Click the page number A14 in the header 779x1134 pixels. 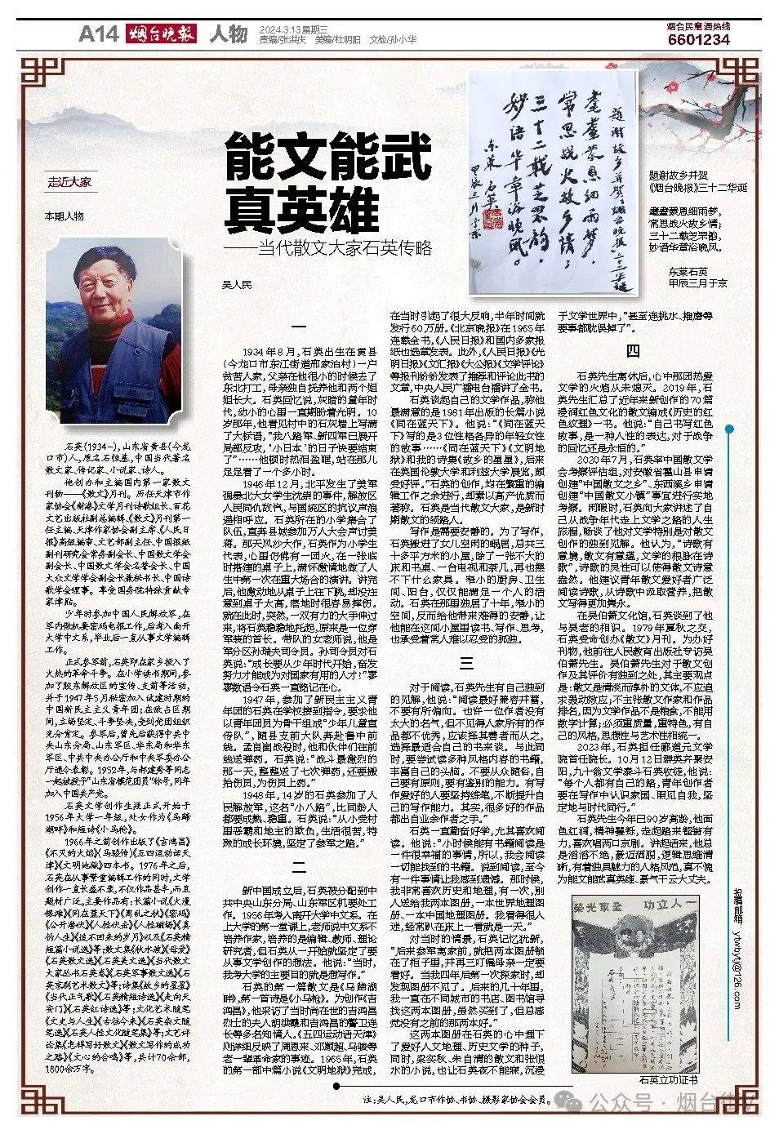click(x=99, y=34)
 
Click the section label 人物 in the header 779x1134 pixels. click(x=228, y=34)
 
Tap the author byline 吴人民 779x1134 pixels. click(x=238, y=285)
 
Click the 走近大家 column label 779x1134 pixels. click(x=69, y=182)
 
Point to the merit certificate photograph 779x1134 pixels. click(x=634, y=981)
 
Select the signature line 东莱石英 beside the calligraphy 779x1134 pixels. click(x=688, y=271)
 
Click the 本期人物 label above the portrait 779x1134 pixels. click(x=64, y=216)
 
